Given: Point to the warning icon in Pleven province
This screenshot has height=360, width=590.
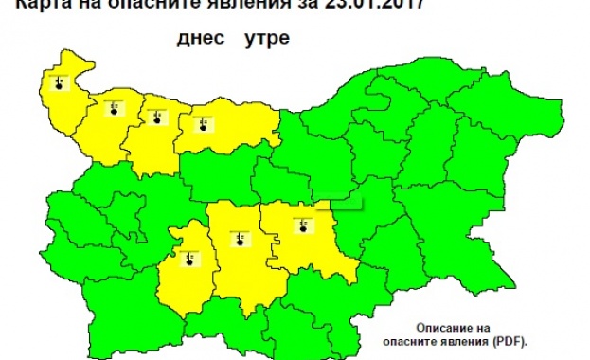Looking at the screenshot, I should [x=201, y=122].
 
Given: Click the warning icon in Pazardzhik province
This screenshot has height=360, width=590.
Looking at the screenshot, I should [x=189, y=258].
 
